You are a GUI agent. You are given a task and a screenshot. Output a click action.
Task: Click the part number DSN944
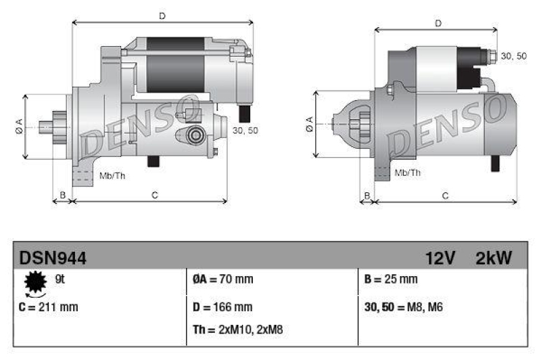53,258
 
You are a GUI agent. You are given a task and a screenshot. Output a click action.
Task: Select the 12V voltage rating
440,258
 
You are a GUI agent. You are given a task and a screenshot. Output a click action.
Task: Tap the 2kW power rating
494,258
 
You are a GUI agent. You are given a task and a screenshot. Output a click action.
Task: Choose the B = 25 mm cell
391,279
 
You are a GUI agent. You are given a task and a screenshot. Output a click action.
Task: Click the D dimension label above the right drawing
438,23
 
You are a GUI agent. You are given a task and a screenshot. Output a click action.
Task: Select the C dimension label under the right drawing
445,196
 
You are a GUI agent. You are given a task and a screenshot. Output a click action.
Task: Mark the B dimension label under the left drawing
62,196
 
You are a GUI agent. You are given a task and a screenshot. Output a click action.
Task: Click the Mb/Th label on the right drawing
407,173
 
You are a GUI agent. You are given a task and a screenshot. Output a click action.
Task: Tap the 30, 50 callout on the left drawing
245,130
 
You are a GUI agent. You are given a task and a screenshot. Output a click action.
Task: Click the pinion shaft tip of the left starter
43,126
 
